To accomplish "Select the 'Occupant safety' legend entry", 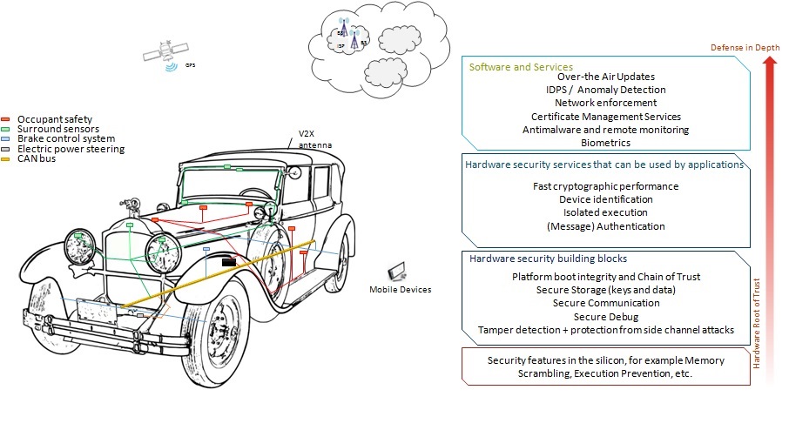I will click(x=55, y=118).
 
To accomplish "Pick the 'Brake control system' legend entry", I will click(x=66, y=139).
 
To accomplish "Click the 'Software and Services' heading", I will click(x=521, y=67).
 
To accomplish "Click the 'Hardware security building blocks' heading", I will click(x=548, y=259).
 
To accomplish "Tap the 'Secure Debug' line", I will click(x=605, y=317).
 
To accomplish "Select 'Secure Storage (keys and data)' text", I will click(x=605, y=290).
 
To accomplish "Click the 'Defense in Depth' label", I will click(x=745, y=46).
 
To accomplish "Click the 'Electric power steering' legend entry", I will click(x=71, y=149).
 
